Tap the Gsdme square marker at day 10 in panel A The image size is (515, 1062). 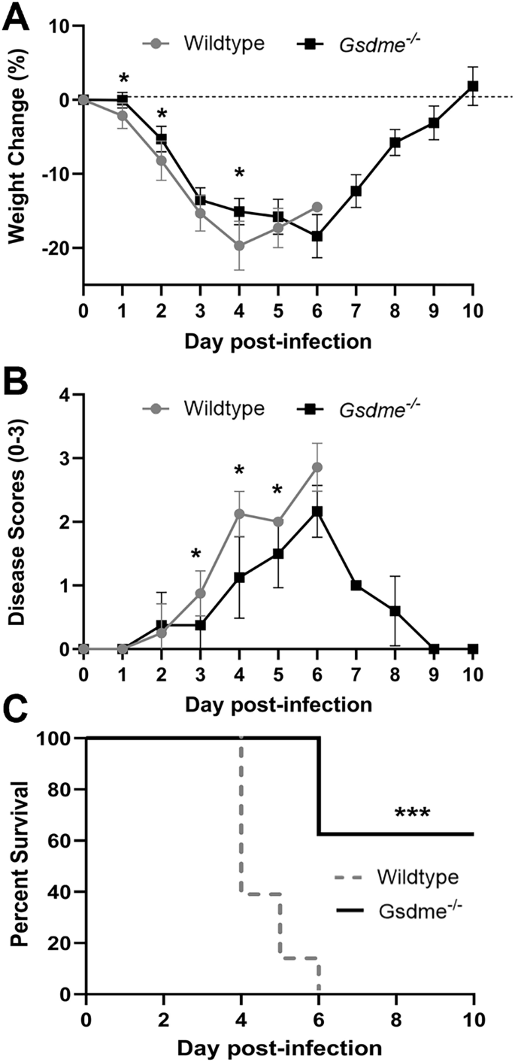(472, 86)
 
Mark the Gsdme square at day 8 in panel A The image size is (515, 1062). (395, 142)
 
